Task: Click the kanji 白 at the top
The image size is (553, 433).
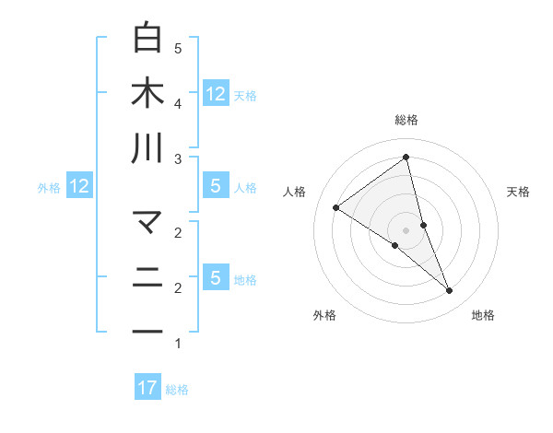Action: pos(147,39)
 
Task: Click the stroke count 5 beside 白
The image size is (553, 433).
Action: pos(178,48)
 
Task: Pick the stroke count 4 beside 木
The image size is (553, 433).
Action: pos(178,103)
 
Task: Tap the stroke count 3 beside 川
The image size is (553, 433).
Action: pos(178,158)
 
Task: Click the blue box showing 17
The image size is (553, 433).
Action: pos(147,388)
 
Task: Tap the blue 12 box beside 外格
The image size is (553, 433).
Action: pos(79,187)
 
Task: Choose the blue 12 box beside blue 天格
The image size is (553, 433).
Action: pos(216,93)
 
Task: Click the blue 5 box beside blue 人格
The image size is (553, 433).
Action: pos(216,186)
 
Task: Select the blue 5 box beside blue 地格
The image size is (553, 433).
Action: pos(216,278)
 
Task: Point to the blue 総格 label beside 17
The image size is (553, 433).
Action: pos(177,390)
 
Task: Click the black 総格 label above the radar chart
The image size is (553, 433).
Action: pos(406,121)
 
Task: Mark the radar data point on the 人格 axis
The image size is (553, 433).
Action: pos(335,207)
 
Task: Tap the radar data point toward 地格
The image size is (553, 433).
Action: pos(450,291)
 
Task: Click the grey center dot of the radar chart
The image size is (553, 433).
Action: pos(406,229)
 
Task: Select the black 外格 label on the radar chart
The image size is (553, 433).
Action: pos(324,315)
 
